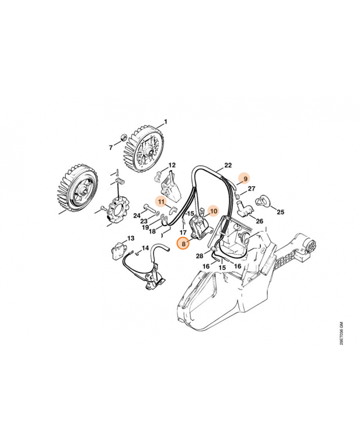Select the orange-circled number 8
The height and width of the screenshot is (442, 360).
click(183, 243)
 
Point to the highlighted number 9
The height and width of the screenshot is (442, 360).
click(244, 178)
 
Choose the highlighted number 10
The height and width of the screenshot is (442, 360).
click(214, 211)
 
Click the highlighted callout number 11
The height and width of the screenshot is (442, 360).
click(161, 203)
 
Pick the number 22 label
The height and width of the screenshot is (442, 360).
click(227, 165)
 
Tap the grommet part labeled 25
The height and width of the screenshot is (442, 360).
click(264, 199)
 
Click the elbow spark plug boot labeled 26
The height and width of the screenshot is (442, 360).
click(242, 209)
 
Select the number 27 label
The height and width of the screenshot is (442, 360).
click(252, 189)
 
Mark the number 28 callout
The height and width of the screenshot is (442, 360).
click(199, 256)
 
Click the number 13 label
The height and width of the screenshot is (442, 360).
click(131, 238)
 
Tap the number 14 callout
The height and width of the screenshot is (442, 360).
click(146, 248)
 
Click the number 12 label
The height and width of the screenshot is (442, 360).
click(172, 165)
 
